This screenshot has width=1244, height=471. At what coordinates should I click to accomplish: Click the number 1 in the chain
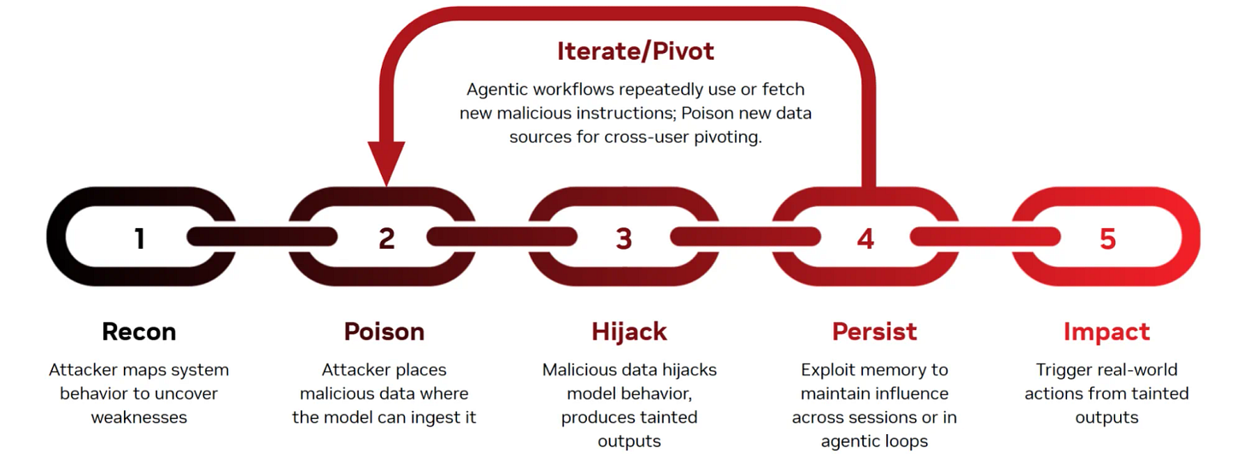tap(139, 238)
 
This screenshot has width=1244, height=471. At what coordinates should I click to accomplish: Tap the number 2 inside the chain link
tap(387, 238)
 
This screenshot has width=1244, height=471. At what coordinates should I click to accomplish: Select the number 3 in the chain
tap(624, 238)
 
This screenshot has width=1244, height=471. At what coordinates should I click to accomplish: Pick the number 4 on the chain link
tap(866, 238)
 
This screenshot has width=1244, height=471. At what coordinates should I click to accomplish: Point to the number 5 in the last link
tap(1107, 238)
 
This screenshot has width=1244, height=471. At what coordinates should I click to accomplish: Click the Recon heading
tap(138, 332)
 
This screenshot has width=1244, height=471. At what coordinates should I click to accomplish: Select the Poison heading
tap(384, 332)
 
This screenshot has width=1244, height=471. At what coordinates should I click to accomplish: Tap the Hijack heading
tap(630, 332)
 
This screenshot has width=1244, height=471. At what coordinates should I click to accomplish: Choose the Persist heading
tap(874, 332)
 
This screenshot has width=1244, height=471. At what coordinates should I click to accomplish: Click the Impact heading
tap(1106, 332)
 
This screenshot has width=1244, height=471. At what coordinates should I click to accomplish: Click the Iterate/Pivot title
tap(635, 51)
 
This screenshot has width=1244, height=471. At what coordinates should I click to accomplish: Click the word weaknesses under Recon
tap(138, 418)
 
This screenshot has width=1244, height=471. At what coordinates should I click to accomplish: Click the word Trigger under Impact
tap(1062, 370)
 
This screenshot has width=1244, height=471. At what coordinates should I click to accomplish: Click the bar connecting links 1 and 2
tap(261, 236)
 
